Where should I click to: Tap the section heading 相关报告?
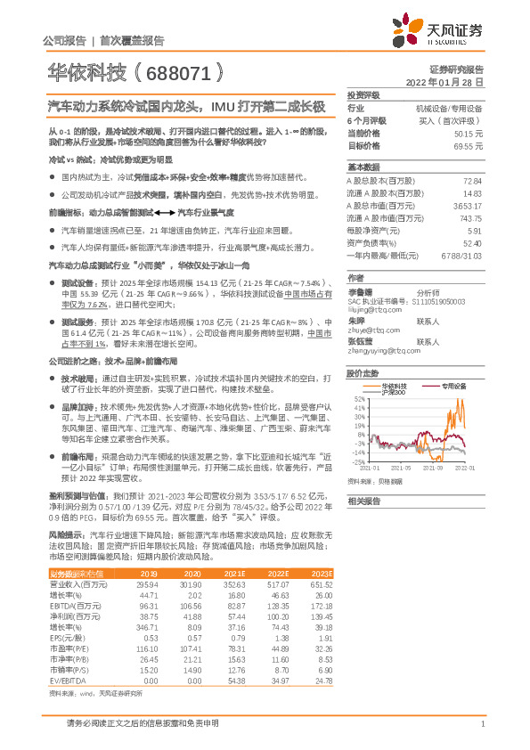(x=363, y=501)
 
